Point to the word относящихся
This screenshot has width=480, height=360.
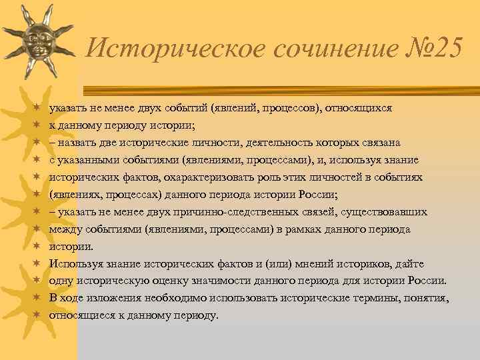click(361, 107)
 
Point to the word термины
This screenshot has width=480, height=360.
click(354, 298)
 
